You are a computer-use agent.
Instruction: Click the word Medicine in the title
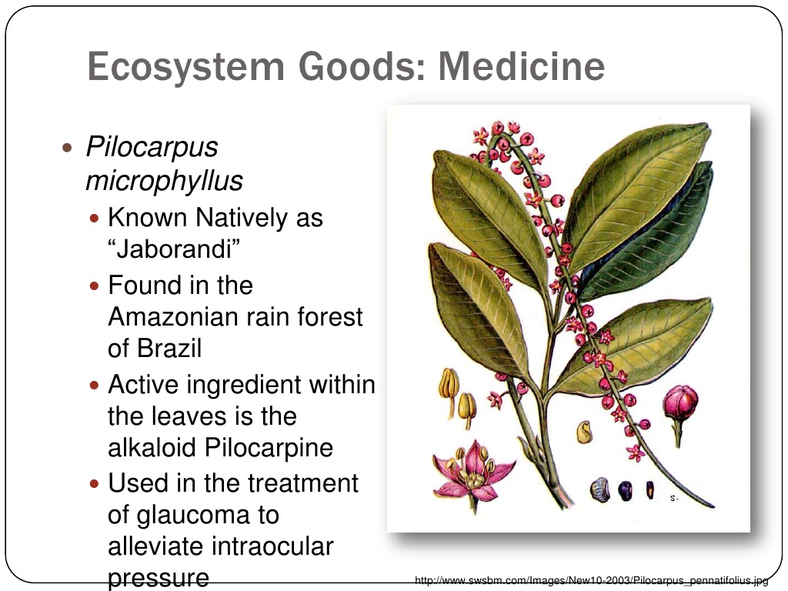(x=521, y=66)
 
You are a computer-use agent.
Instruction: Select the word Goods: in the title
(x=362, y=66)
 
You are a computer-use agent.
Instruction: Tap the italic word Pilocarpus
(x=152, y=148)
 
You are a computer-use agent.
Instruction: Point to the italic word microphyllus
(x=165, y=181)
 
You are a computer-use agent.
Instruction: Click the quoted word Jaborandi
(x=174, y=249)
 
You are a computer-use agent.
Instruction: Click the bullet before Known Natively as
(x=94, y=219)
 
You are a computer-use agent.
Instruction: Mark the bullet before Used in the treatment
(x=94, y=484)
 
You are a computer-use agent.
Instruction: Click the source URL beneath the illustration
(x=592, y=580)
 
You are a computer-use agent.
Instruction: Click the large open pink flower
(x=472, y=473)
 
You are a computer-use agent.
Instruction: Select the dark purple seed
(x=625, y=490)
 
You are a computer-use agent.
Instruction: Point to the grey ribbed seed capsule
(x=600, y=490)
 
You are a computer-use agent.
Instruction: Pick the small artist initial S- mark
(x=674, y=499)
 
